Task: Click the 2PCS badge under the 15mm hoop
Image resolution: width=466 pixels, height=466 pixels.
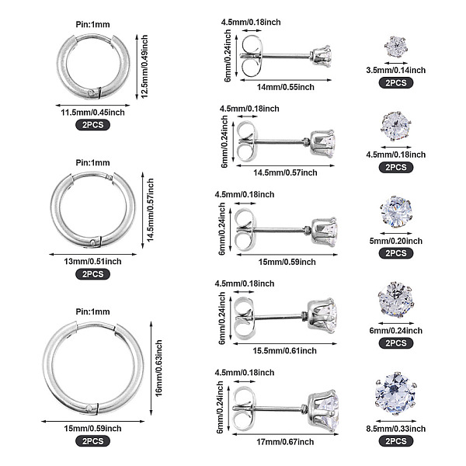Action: tap(92, 440)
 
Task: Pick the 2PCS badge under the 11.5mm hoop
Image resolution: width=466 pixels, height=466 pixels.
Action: tap(92, 124)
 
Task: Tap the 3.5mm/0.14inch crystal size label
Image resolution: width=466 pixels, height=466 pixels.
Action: tap(395, 70)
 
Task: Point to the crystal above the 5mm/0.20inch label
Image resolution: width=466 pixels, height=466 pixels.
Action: tap(395, 208)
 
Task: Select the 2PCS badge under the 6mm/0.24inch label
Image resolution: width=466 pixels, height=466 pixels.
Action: tap(395, 343)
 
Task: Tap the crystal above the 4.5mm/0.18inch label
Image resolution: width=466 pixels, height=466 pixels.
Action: tap(395, 123)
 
